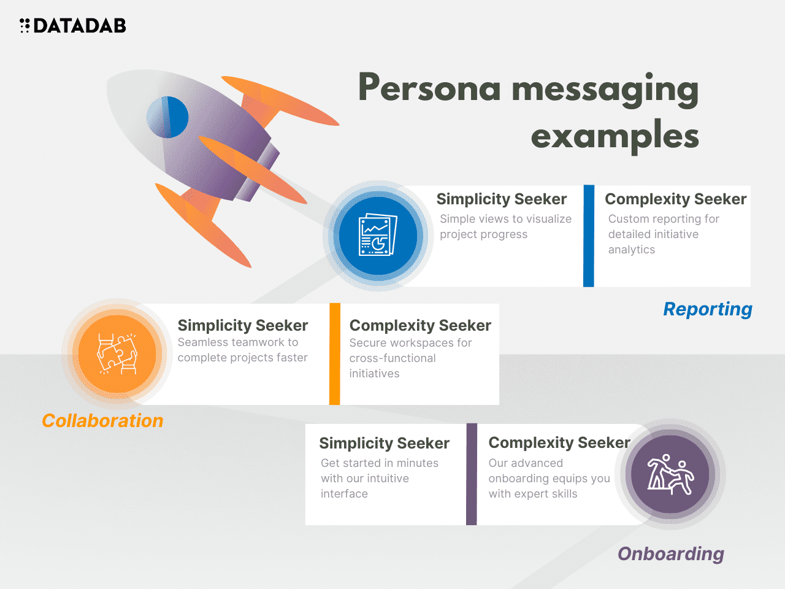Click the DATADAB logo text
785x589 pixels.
[x=80, y=26]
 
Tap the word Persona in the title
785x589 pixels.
[x=429, y=88]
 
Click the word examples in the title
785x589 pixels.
[x=615, y=136]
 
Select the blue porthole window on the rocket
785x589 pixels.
[x=167, y=117]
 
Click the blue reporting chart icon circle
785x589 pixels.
[x=378, y=236]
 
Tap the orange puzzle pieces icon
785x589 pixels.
[x=117, y=354]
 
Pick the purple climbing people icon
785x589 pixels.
[x=670, y=474]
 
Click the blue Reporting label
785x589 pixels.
[x=708, y=309]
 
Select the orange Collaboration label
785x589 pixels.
[x=102, y=421]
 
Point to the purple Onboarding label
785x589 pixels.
[x=671, y=554]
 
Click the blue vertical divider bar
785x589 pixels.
[x=589, y=236]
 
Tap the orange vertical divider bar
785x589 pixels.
[x=335, y=354]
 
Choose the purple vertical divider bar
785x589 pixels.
[x=472, y=474]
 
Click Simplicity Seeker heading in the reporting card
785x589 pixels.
[x=501, y=199]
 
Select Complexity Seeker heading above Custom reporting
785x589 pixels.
[x=675, y=199]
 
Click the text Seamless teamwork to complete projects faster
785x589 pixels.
[x=242, y=350]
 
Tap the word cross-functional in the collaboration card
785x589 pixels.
[x=392, y=358]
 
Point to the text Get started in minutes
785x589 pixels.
[x=380, y=463]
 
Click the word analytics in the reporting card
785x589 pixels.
[x=632, y=250]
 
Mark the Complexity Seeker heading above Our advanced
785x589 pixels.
[x=559, y=443]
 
